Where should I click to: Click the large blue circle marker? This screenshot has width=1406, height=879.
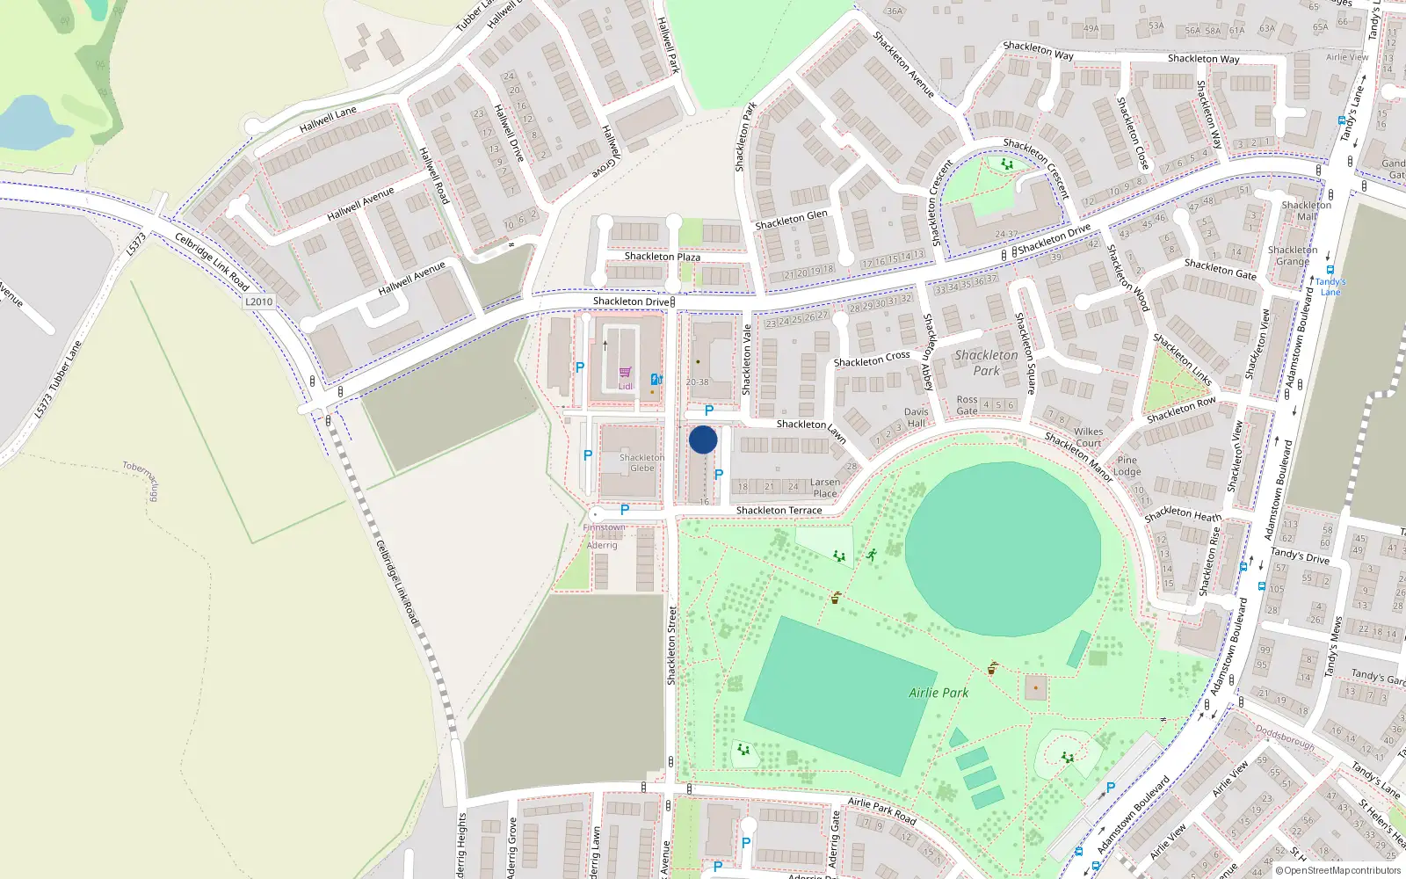(x=703, y=439)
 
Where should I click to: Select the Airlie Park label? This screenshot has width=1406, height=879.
(x=939, y=693)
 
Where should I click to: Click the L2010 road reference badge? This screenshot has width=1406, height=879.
(x=259, y=301)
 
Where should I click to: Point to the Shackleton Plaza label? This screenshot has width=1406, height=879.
(x=662, y=257)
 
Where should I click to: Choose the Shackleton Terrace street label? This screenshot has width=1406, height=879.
(x=779, y=510)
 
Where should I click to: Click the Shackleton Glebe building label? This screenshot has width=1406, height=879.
(x=641, y=462)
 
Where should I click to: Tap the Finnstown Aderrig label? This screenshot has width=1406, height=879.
(x=604, y=536)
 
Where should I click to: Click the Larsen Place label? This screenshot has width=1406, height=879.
(x=824, y=488)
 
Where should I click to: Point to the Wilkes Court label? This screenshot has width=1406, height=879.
(x=1088, y=437)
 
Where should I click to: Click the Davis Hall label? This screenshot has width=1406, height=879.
(x=916, y=418)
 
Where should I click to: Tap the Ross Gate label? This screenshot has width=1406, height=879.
(x=967, y=405)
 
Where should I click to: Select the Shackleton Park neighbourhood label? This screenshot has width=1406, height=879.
(x=986, y=363)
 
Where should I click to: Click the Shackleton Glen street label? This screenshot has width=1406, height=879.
(x=791, y=220)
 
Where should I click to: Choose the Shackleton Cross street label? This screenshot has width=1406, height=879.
(x=872, y=359)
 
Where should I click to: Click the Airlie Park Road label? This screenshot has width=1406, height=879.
(x=881, y=810)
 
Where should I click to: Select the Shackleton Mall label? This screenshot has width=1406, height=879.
(x=1307, y=211)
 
